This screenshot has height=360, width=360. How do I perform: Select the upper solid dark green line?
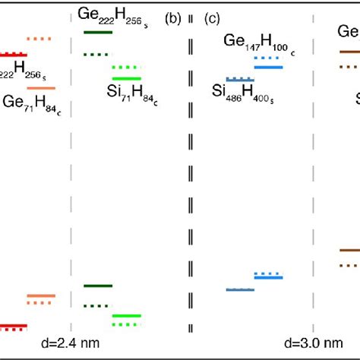tap(98, 32)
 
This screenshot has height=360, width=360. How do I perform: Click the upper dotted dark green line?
tap(96, 55)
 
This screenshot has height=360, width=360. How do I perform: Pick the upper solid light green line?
tap(126, 78)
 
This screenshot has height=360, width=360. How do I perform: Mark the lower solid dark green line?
tap(98, 286)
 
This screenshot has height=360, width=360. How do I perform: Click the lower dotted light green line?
tap(126, 324)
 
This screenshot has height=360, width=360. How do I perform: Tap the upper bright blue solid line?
tap(268, 68)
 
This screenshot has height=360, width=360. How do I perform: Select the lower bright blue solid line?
tap(268, 277)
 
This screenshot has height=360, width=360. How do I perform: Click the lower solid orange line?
tap(41, 296)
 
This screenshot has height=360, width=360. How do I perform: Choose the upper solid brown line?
tap(349, 52)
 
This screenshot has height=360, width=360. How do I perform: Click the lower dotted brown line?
tap(349, 264)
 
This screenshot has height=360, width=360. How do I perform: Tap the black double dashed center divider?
tap(190, 182)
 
